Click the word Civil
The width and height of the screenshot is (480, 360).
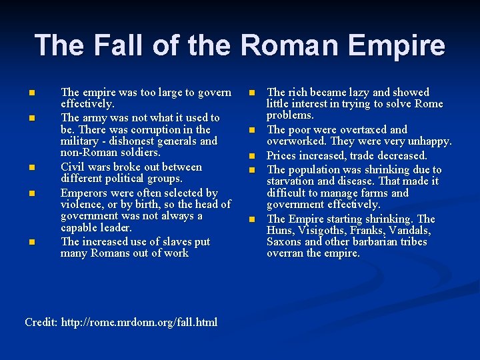(x=73, y=167)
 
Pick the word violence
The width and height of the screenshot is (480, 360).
(x=86, y=204)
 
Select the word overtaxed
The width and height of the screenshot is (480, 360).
(x=362, y=129)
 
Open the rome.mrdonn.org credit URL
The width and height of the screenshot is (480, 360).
(x=139, y=323)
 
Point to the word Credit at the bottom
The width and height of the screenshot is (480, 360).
(x=40, y=323)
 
